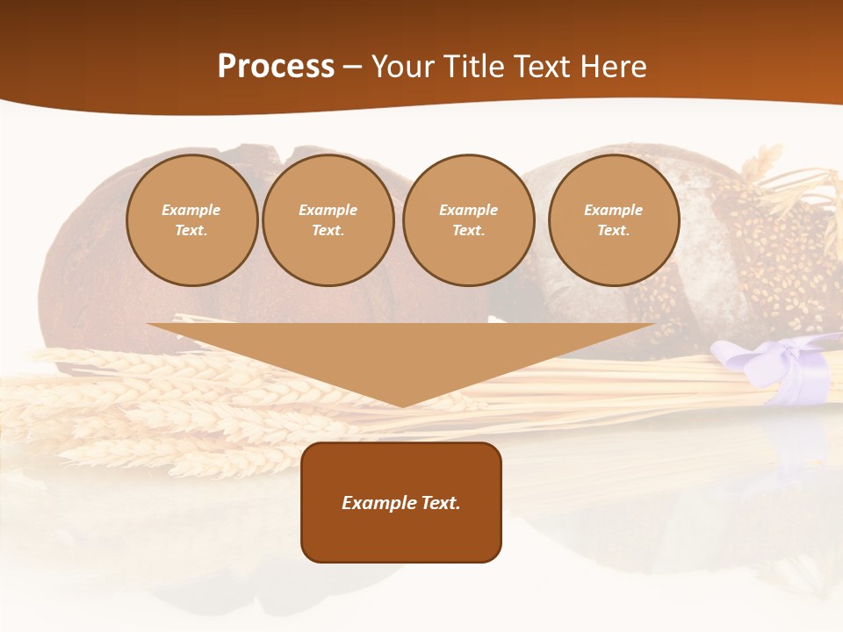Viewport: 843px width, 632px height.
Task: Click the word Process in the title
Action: [x=276, y=67]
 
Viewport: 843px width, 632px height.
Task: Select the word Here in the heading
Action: [x=615, y=67]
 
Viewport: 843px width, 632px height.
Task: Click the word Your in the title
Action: [x=400, y=67]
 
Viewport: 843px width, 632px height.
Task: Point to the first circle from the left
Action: [x=191, y=220]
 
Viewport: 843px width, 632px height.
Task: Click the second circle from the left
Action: [x=328, y=220]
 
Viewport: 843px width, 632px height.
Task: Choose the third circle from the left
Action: [x=469, y=220]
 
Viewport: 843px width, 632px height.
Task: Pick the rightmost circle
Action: [x=614, y=220]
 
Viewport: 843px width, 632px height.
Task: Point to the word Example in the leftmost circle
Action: [x=191, y=210]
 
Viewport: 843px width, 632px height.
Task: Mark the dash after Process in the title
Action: [x=353, y=67]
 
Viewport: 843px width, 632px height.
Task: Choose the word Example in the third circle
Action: [x=469, y=210]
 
